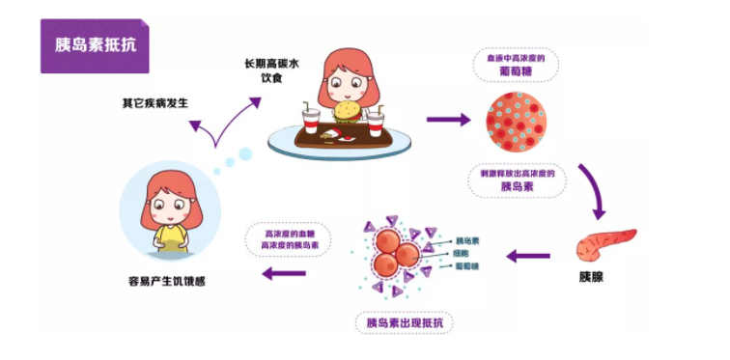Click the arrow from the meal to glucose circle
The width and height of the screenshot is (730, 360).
pos(448,120)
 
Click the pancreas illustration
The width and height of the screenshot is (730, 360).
pos(605,245)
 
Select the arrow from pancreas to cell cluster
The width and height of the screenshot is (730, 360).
pos(528,257)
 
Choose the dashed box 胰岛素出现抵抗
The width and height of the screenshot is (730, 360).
pos(404,321)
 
